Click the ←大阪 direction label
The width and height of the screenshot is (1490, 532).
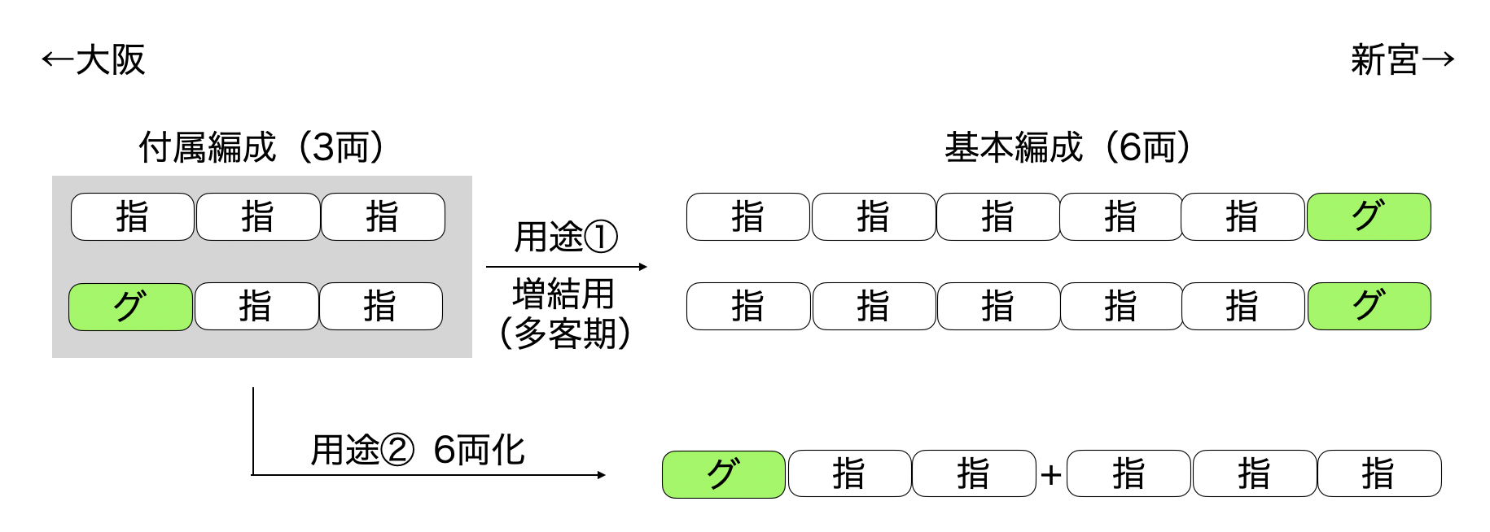93,60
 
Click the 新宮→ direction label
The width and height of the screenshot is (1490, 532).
1402,60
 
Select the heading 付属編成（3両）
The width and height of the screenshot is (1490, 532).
261,148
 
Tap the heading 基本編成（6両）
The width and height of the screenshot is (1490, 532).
1067,148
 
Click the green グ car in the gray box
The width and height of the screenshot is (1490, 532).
130,307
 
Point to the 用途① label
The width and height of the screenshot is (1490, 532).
566,238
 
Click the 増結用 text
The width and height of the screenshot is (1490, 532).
563,294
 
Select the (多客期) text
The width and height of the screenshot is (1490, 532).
565,333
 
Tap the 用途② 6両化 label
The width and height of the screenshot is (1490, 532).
418,450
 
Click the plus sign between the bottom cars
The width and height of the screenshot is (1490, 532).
1051,474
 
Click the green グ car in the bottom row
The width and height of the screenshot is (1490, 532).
724,474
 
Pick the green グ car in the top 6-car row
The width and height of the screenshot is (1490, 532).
1369,217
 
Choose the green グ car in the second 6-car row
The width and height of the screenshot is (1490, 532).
1369,307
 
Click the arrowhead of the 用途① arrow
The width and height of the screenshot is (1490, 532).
643,267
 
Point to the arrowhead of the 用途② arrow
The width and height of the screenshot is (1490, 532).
602,475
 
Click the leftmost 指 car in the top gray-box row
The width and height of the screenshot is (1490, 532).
133,217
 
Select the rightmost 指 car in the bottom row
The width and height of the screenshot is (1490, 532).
1378,474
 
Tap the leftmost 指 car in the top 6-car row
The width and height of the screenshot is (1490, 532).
748,217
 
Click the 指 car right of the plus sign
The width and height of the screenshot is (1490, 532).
1128,474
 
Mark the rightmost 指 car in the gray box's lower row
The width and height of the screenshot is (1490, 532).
380,307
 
